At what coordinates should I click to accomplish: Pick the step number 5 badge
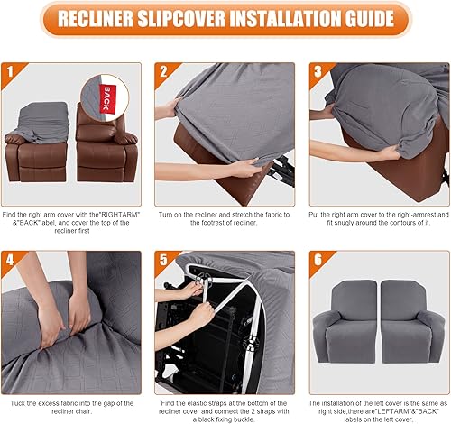[x=163, y=260]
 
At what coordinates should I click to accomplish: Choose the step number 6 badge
[x=316, y=260]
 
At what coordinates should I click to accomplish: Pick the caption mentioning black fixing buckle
[x=224, y=408]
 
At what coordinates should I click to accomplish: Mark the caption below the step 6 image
[x=377, y=408]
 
